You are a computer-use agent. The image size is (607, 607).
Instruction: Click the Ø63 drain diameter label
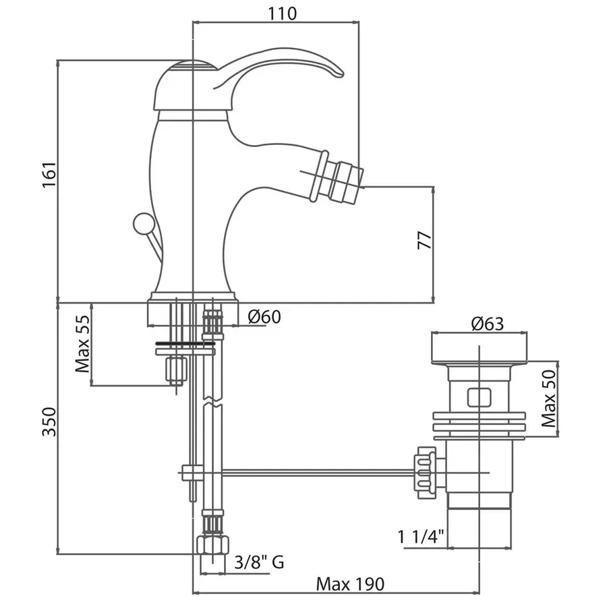(x=488, y=324)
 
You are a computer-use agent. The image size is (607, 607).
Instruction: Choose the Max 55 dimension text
(x=83, y=346)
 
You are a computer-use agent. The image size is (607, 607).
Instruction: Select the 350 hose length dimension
(x=49, y=421)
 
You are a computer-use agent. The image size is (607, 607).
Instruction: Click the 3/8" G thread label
(x=258, y=561)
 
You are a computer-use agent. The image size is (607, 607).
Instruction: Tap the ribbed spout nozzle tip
(x=346, y=179)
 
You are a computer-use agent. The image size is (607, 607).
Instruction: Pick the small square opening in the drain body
(x=478, y=397)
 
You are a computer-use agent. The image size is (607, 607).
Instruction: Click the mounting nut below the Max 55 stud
(x=176, y=370)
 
